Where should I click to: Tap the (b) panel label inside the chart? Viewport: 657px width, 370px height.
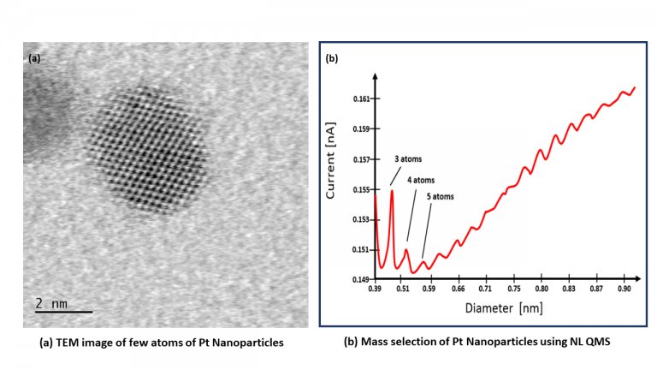tap(331, 59)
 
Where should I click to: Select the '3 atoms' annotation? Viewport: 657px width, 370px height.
tap(407, 159)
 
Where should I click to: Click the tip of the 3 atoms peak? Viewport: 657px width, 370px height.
tap(392, 190)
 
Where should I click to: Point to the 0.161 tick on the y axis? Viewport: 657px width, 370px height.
tap(360, 99)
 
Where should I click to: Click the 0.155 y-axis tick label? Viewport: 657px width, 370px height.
tap(360, 189)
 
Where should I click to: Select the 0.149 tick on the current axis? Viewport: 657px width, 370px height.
tap(360, 279)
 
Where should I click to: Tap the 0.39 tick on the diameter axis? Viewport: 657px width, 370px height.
tap(375, 290)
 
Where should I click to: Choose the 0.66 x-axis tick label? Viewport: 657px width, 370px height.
tap(458, 290)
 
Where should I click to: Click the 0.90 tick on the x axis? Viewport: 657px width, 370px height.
tap(624, 290)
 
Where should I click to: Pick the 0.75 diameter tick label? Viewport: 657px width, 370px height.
tap(513, 290)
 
